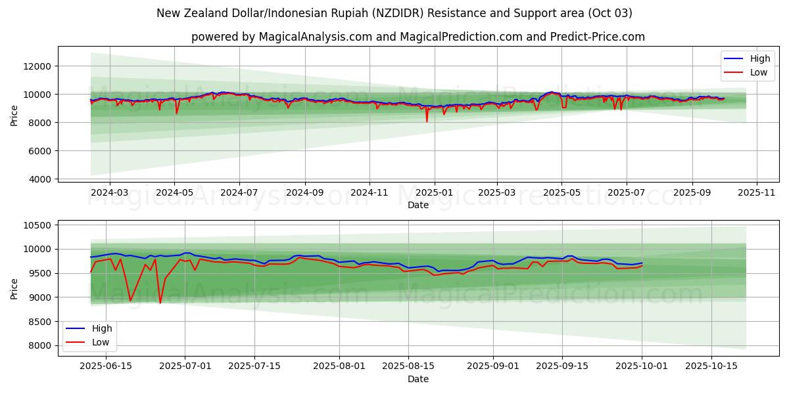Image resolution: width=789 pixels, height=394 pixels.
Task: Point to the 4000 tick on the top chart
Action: pyautogui.click(x=39, y=179)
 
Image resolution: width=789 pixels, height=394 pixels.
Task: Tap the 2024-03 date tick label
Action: pyautogui.click(x=109, y=194)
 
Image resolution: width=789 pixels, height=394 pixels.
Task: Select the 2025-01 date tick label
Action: pyautogui.click(x=434, y=194)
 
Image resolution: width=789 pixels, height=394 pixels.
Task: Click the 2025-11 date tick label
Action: pyautogui.click(x=756, y=194)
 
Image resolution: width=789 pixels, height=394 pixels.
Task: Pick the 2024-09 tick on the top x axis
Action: pyautogui.click(x=304, y=194)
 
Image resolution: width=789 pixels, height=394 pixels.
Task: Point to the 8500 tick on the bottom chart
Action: pyautogui.click(x=39, y=322)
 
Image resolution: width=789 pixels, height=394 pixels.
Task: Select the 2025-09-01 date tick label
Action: pyautogui.click(x=494, y=366)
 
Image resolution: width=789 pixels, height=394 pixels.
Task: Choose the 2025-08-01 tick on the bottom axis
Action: pyautogui.click(x=339, y=366)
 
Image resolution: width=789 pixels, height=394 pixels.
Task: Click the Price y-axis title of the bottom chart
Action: pyautogui.click(x=14, y=288)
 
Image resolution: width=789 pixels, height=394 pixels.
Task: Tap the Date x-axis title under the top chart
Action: pyautogui.click(x=418, y=206)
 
